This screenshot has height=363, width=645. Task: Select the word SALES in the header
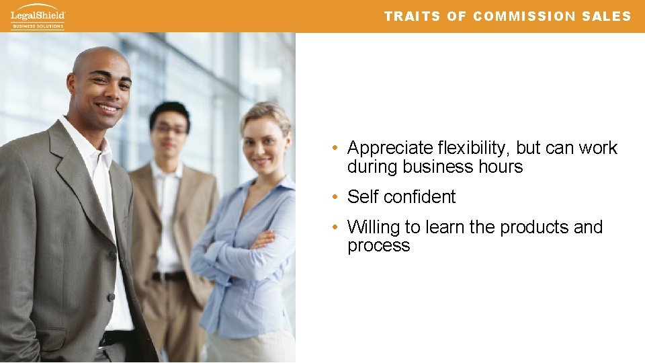[607, 17]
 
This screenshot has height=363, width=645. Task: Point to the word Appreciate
[390, 148]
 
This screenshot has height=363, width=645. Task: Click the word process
[378, 246]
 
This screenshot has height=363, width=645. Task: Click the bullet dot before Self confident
[335, 197]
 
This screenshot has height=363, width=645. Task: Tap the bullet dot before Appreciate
[335, 148]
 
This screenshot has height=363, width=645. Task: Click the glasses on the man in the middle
[170, 129]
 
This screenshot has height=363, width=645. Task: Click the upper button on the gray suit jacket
[113, 255]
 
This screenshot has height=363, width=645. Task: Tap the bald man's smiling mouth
[107, 107]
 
